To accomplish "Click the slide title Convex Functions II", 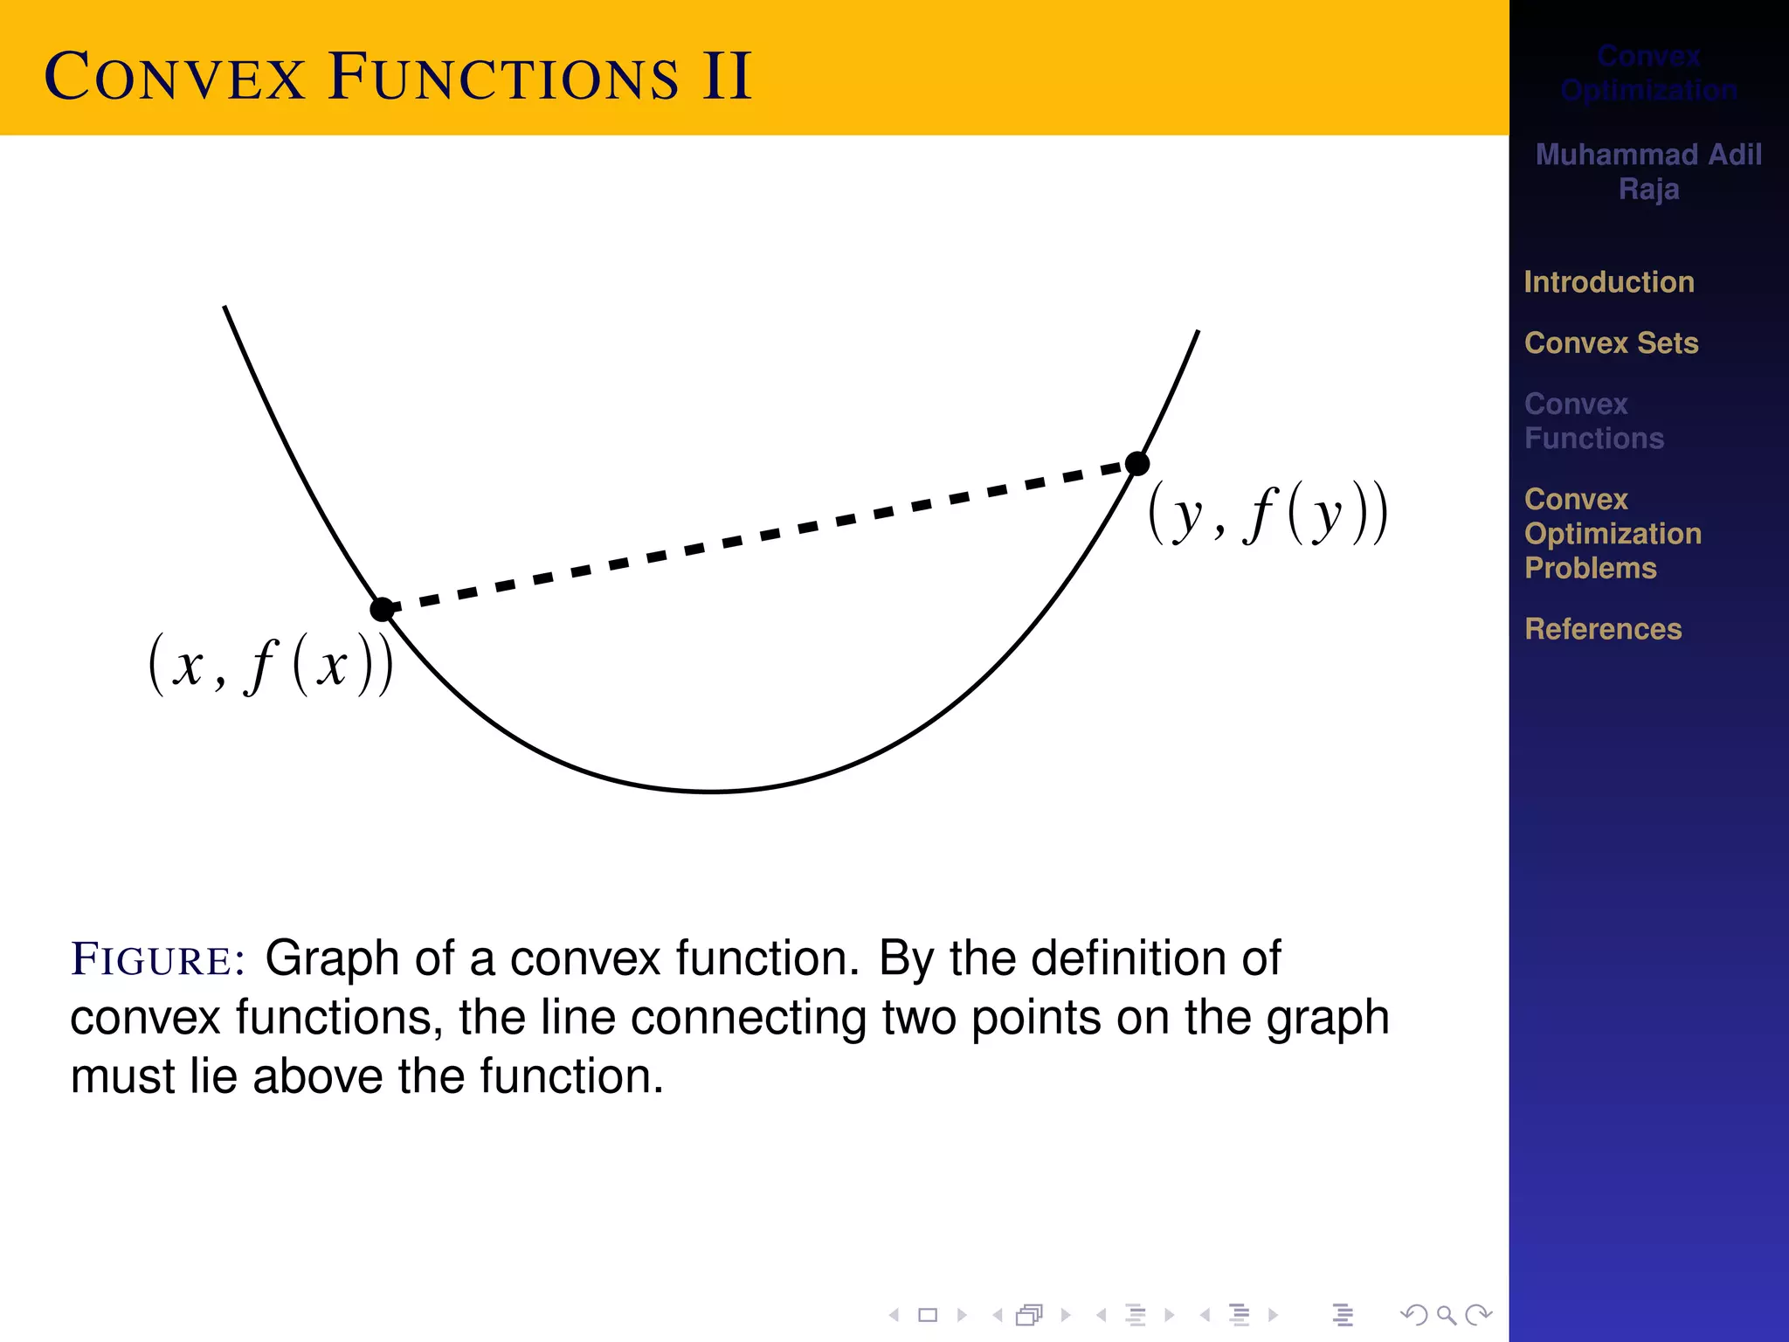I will (x=398, y=77).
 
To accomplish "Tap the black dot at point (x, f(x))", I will (x=382, y=609).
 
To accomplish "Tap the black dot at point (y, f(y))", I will (x=1137, y=463).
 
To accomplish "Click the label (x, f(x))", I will (x=271, y=666).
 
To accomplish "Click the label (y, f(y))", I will (x=1267, y=514).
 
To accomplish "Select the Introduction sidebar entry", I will (x=1609, y=282).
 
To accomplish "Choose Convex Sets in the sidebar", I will (x=1611, y=343).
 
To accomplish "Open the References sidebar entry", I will (x=1603, y=629).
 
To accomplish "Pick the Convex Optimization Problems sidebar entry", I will (x=1613, y=534).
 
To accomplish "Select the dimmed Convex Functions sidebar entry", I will (x=1594, y=421).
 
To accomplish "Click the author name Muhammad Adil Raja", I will (x=1648, y=171).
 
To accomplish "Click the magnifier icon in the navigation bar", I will (x=1447, y=1315).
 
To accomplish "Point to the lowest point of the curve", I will (x=712, y=792).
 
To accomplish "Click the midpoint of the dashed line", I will (x=760, y=536).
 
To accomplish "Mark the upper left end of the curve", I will (x=225, y=307).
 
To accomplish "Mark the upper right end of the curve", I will (x=1198, y=331).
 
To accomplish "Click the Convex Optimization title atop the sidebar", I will (x=1648, y=73).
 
